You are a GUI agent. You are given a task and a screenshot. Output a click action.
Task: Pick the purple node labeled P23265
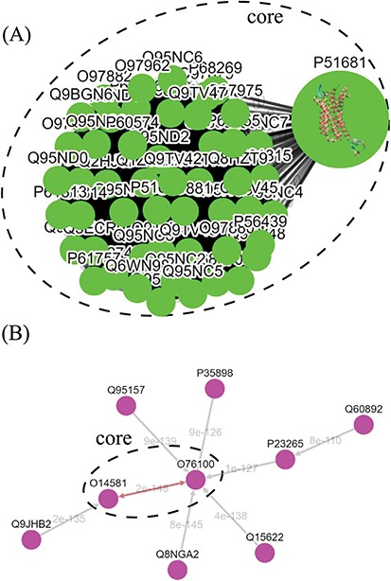pos(284,459)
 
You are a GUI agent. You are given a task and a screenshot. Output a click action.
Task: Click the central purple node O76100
pos(196,481)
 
